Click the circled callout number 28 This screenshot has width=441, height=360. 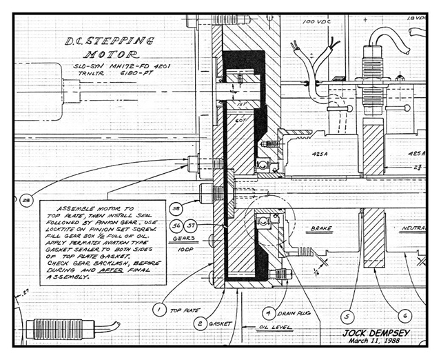coord(27,201)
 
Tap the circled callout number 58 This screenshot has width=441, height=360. coord(176,209)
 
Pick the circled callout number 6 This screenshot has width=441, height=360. coord(406,315)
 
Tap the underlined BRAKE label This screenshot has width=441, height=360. coord(321,228)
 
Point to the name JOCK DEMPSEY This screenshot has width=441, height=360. coord(373,332)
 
